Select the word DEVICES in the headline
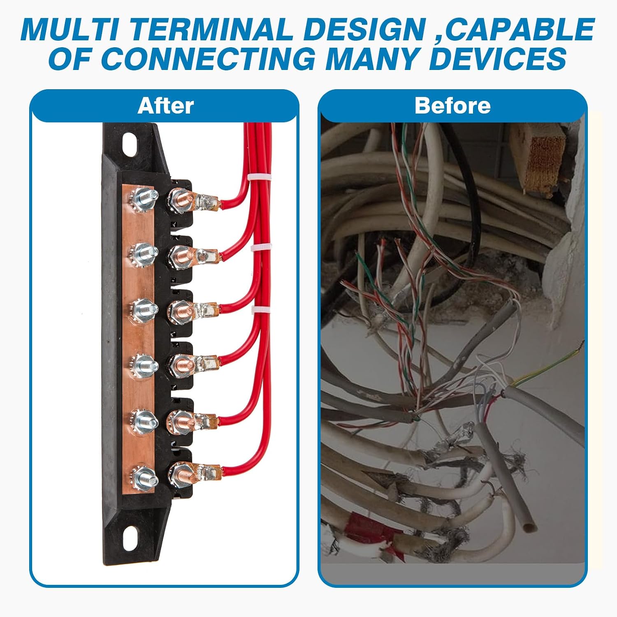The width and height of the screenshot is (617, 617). click(x=498, y=58)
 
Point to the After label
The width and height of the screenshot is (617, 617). click(x=165, y=106)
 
